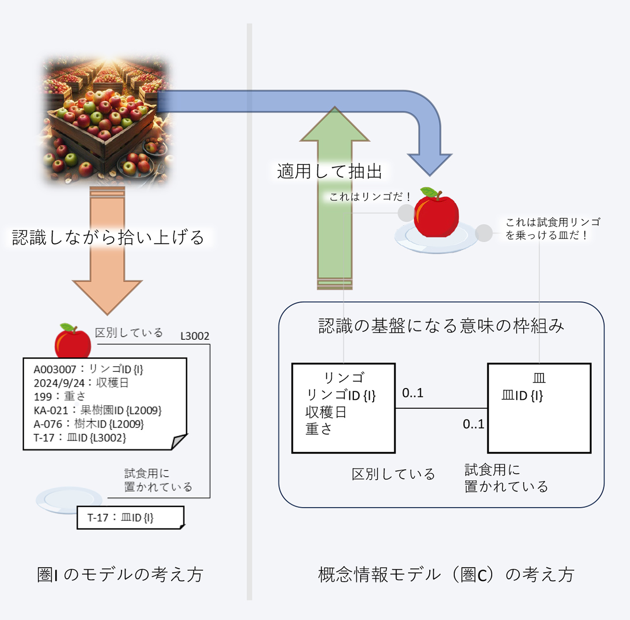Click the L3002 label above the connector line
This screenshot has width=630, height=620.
(195, 336)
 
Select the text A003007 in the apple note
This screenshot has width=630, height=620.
(55, 369)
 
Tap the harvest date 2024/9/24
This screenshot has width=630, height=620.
(59, 383)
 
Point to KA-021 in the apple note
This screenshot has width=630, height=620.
(51, 410)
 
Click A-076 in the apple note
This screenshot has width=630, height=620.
(48, 424)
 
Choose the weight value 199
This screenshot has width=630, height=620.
(43, 396)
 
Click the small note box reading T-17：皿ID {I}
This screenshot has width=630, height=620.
(131, 518)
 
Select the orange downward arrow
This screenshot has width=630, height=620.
(107, 250)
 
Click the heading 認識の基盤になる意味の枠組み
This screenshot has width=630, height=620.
(441, 326)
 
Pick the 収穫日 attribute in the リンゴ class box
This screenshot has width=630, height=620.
(326, 412)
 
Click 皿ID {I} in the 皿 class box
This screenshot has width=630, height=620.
(522, 395)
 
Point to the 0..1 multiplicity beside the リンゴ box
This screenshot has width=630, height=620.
(412, 393)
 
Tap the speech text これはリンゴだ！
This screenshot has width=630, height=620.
(370, 196)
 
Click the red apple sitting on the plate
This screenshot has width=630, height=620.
(436, 213)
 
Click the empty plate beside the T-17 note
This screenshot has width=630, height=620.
(68, 500)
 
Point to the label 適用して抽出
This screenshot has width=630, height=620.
(330, 171)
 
